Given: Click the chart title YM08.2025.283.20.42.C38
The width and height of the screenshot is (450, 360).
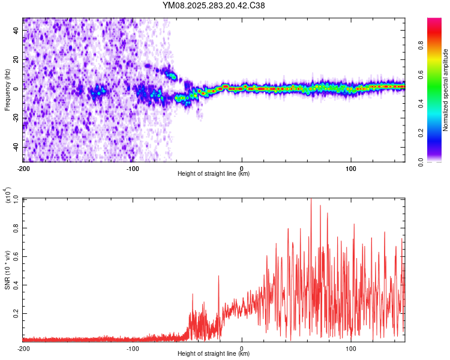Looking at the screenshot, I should (x=214, y=6).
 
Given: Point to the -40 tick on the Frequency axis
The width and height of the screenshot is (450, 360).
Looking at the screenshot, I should (x=14, y=147).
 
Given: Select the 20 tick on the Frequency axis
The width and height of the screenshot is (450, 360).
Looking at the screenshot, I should (x=16, y=59).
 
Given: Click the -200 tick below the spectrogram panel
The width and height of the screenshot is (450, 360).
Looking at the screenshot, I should (x=23, y=168).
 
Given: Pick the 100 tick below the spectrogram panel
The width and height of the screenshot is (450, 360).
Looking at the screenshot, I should (x=350, y=168).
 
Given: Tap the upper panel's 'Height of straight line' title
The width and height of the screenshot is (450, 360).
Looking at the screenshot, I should (x=214, y=174).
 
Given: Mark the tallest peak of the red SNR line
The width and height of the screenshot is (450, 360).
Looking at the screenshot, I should (x=311, y=199).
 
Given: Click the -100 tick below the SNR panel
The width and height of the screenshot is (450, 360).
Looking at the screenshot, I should (x=133, y=348).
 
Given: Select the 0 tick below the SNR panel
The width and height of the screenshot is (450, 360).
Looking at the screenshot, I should (x=242, y=348).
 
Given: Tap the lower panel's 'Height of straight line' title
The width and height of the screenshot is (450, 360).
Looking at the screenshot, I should (x=214, y=354).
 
